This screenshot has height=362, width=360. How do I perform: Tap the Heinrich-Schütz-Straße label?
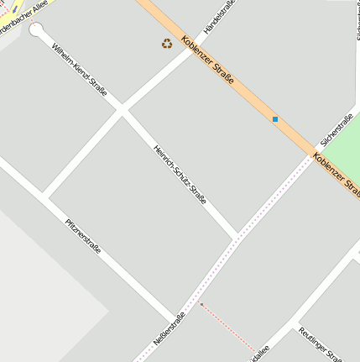tap(180, 174)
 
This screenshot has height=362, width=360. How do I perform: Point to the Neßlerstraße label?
tap(169, 330)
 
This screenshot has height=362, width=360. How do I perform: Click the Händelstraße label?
tap(220, 18)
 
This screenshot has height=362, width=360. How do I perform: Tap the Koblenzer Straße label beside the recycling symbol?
tap(206, 63)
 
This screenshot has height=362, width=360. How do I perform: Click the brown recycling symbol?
tap(167, 43)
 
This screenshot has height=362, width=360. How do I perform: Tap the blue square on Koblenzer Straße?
tap(274, 119)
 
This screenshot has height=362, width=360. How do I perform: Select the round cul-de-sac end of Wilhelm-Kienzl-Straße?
tap(36, 31)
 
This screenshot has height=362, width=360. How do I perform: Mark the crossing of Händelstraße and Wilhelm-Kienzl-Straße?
tap(123, 108)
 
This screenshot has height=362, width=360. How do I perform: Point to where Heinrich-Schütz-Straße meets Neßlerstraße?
tap(236, 238)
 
